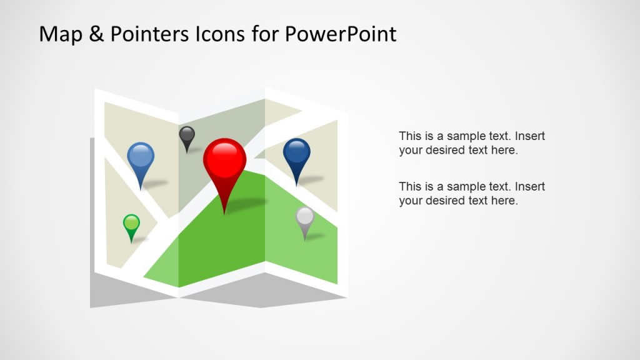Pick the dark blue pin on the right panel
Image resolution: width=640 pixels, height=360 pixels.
coord(297,152)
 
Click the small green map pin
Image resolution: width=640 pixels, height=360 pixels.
coord(131,223)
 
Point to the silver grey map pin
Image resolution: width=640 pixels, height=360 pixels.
coord(304,217)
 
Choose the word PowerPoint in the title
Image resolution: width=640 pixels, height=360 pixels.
coord(340,34)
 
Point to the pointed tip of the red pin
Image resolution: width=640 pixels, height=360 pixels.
coord(224,213)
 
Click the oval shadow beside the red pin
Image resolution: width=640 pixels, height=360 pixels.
coord(249,203)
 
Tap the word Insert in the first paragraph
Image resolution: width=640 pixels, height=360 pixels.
coord(531,136)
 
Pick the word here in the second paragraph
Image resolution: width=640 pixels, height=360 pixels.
coord(505,201)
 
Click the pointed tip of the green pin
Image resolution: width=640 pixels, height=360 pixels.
coord(131,242)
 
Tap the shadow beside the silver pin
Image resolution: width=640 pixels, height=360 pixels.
coord(315,236)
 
